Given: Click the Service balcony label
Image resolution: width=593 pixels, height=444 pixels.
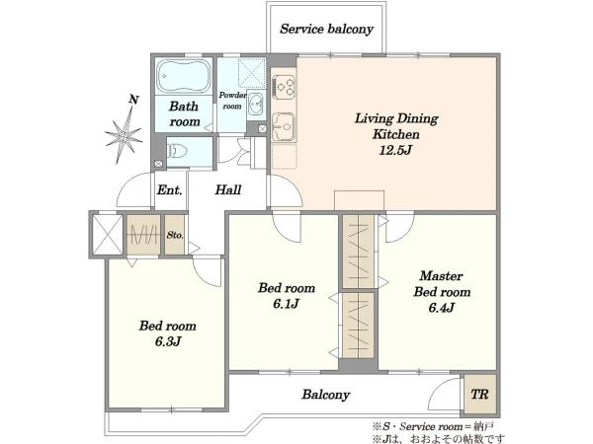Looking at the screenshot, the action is click(326, 30).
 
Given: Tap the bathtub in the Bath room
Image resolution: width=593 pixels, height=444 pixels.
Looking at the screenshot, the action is click(184, 76).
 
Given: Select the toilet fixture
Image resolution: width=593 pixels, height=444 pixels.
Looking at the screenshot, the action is click(177, 152).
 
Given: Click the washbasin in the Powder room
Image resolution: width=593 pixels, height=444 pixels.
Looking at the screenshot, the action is click(256, 103).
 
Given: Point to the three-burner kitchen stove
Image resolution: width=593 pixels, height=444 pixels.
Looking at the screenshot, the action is click(284, 87).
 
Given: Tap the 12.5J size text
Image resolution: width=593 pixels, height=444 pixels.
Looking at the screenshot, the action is click(395, 150).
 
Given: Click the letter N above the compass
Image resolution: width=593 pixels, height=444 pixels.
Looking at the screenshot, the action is click(133, 100).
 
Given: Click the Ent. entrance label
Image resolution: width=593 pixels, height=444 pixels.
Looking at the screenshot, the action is click(169, 189).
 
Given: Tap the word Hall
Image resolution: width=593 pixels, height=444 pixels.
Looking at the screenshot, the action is click(228, 189).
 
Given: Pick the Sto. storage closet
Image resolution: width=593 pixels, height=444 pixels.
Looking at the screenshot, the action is click(175, 235).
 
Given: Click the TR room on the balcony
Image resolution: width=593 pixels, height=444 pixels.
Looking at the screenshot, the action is click(480, 394).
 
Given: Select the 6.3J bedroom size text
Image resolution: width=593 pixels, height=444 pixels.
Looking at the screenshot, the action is click(168, 341).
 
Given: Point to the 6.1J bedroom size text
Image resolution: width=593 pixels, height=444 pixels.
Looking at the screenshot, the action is click(287, 304).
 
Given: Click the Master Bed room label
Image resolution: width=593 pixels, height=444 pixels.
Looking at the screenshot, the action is click(442, 284).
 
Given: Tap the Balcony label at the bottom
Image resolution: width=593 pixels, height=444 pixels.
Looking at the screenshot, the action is click(325, 395).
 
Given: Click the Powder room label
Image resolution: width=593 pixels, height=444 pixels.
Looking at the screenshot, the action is click(232, 101).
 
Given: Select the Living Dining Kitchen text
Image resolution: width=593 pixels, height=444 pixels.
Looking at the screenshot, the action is click(396, 126).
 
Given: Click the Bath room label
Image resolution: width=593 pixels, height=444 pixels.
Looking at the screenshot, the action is click(184, 113).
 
